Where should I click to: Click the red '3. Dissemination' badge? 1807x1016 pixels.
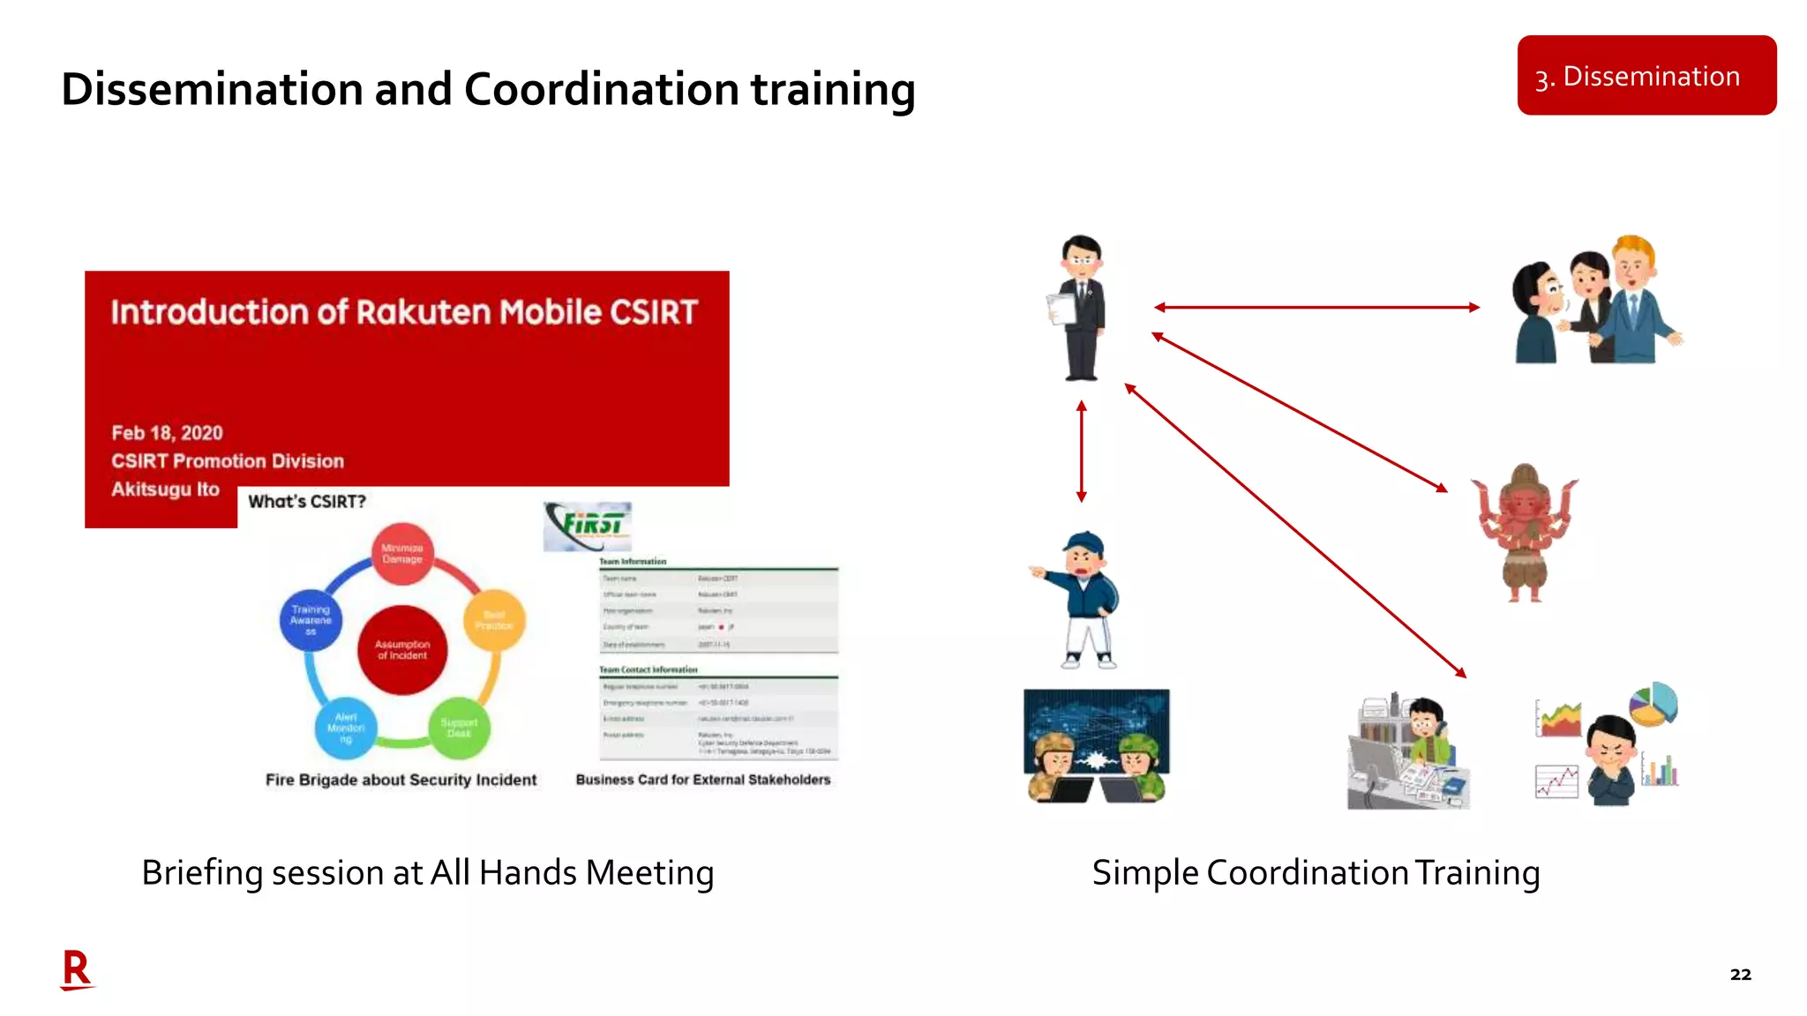1646,76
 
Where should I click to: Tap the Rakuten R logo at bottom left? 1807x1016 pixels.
77,970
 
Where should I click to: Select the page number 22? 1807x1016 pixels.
1740,975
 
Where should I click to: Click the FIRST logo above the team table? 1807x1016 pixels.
589,526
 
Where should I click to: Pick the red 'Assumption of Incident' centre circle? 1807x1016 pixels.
402,650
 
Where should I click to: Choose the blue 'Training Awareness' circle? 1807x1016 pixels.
311,620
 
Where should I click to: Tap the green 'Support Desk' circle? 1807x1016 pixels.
459,728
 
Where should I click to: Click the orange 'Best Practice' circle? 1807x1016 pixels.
493,620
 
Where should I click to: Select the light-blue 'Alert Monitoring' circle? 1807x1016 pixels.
346,728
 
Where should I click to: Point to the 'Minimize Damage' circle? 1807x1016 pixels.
402,554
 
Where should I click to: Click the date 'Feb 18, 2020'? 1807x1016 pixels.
167,433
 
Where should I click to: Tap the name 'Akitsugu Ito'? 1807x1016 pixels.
165,489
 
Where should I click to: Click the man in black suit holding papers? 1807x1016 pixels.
1081,308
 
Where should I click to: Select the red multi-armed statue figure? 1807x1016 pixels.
1525,533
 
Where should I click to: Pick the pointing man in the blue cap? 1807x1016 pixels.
1082,600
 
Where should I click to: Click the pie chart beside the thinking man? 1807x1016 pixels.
1653,705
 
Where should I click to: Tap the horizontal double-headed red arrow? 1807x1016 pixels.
1316,307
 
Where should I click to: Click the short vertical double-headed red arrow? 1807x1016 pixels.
1082,452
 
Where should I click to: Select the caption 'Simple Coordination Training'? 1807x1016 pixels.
1316,873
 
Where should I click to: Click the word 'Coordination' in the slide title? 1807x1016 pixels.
601,90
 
